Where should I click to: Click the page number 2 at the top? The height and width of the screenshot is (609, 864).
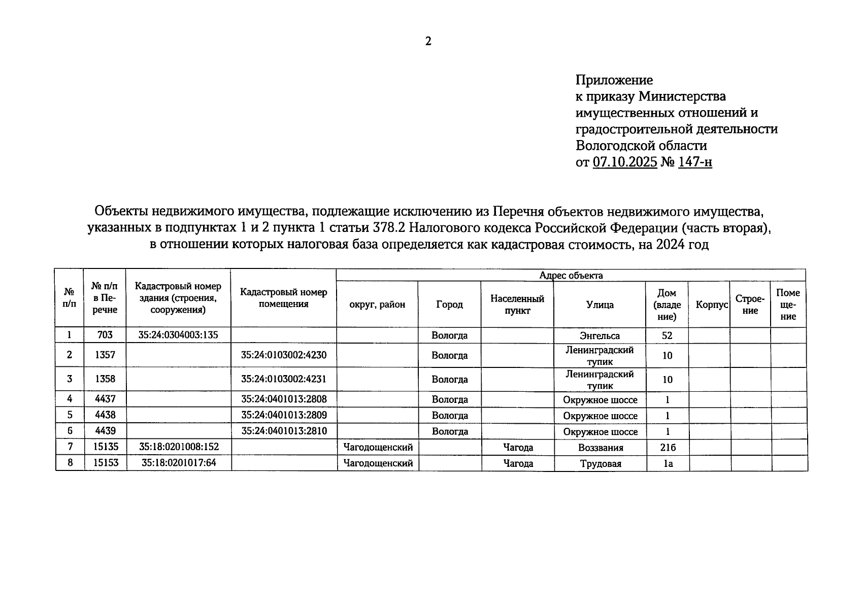428,42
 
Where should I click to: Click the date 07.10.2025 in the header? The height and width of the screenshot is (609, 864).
625,162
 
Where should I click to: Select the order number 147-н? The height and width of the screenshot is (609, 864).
694,162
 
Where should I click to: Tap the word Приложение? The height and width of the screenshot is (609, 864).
614,80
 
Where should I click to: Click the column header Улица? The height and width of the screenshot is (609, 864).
600,304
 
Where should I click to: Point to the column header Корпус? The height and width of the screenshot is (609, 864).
709,304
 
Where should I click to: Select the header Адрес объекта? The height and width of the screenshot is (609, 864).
571,276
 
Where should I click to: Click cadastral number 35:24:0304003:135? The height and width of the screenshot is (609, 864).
178,335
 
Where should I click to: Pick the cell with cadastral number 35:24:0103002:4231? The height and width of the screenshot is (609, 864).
284,379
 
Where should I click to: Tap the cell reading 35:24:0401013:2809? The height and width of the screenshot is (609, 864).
284,415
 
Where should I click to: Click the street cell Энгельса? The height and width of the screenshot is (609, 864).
600,335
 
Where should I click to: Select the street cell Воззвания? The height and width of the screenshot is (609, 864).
601,448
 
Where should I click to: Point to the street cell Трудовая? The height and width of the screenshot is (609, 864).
601,463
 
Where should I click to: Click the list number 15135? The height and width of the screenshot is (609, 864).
105,447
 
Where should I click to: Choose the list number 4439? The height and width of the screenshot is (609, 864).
105,431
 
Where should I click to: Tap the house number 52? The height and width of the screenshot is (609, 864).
667,335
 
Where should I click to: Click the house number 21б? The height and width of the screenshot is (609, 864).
668,448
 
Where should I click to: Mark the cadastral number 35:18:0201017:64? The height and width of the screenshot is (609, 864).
179,463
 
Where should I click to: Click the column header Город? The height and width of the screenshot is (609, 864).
449,304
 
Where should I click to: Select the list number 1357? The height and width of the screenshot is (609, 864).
105,355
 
